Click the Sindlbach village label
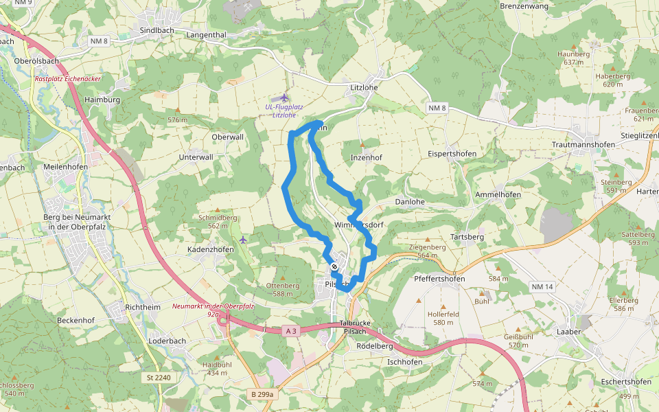click(x=157, y=31)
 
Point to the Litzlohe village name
click(x=365, y=87)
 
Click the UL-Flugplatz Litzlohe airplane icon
click(x=285, y=98)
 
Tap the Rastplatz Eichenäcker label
click(x=68, y=79)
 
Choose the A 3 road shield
click(x=291, y=331)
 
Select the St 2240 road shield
click(x=158, y=378)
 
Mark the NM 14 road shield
click(x=542, y=286)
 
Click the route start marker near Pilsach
click(x=334, y=266)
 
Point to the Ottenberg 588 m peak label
click(x=283, y=289)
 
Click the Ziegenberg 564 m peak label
click(x=427, y=251)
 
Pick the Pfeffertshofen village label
click(x=440, y=279)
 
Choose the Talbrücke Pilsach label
click(x=355, y=328)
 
